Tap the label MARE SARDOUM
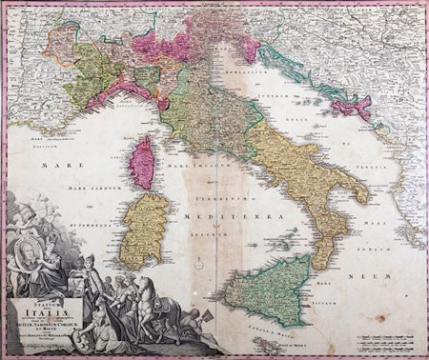tap(99, 190)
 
